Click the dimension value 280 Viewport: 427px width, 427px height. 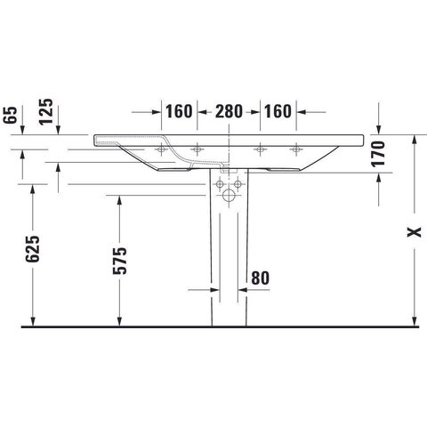(x=229, y=111)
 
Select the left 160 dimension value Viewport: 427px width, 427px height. (x=179, y=111)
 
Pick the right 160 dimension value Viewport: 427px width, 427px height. (x=278, y=111)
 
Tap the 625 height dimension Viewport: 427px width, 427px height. (x=32, y=249)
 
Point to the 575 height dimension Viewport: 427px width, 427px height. (x=120, y=261)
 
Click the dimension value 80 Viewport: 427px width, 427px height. (x=261, y=278)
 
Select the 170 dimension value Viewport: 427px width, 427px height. (x=378, y=154)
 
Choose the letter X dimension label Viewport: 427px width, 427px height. (x=414, y=232)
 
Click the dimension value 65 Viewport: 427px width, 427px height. (x=11, y=115)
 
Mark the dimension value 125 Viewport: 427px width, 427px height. (x=46, y=112)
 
